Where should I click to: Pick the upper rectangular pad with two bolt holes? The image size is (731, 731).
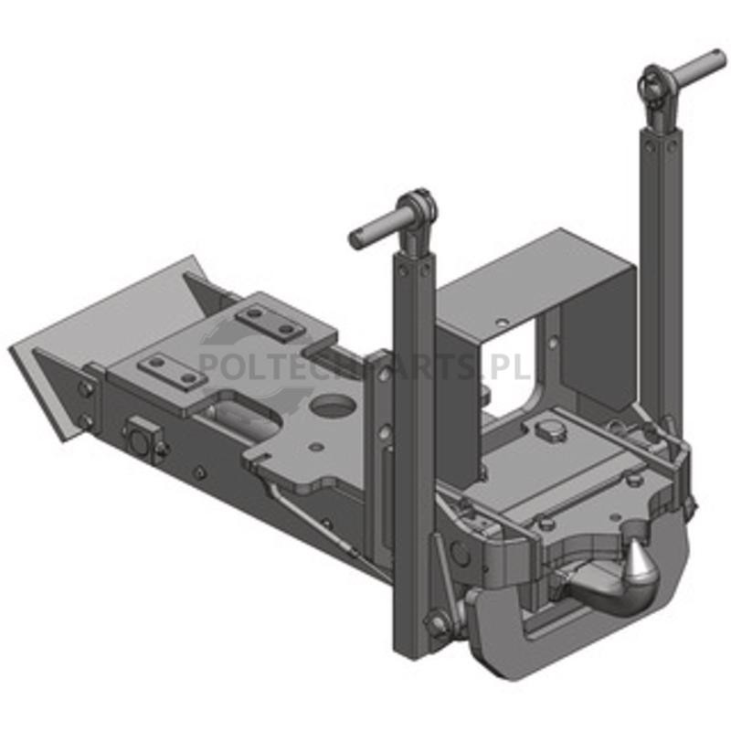pos(270,322)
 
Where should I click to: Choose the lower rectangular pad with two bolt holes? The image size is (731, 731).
pos(173,370)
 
